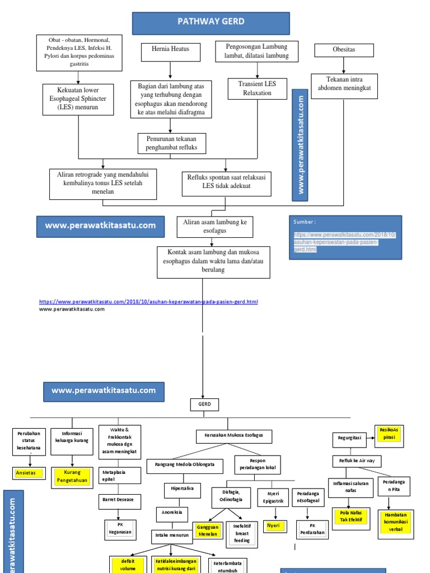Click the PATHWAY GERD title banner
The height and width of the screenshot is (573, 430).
[x=211, y=22]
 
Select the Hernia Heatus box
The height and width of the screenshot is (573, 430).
[x=170, y=49]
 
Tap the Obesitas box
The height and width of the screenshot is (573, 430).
[x=343, y=50]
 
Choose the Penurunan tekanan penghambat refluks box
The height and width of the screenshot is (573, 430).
[x=172, y=143]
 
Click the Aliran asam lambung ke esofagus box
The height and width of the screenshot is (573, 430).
[x=214, y=227]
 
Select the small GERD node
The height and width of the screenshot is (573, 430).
[x=204, y=405]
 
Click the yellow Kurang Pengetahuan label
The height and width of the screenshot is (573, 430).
[x=72, y=476]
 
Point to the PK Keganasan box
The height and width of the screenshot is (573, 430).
[x=120, y=529]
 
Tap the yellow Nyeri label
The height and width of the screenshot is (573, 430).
[x=273, y=525]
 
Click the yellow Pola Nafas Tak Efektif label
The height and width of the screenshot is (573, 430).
[x=351, y=515]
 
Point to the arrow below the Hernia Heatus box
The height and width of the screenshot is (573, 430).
[x=170, y=69]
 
